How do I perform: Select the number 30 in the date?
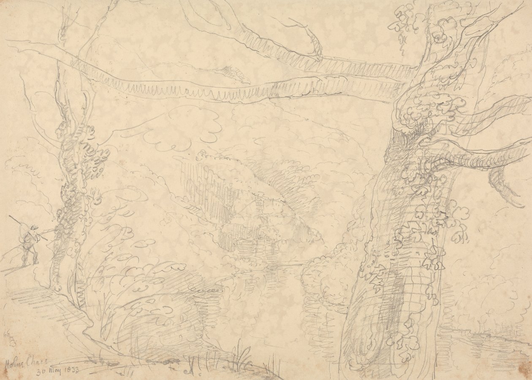[41, 372]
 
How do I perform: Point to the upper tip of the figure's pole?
[10, 216]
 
